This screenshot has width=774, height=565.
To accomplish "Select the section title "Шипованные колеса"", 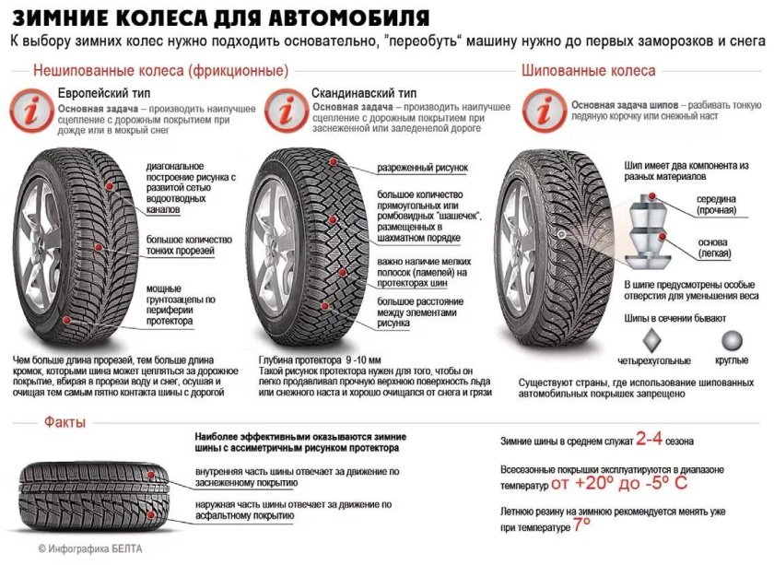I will pos(588,70).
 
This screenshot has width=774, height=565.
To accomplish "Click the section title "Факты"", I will pos(64,422).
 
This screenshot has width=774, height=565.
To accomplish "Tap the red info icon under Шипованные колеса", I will pos(545,112).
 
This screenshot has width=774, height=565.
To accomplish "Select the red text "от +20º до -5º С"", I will pos(619,483).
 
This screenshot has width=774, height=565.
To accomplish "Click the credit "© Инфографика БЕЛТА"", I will pos(91,547).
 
